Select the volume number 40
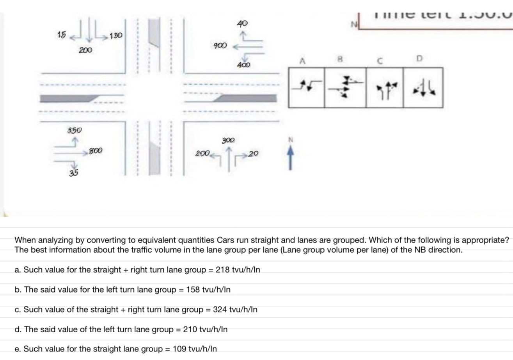tap(242, 23)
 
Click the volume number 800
tap(96, 150)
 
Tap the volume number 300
tap(228, 140)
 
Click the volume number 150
tap(116, 36)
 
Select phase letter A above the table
tap(302, 60)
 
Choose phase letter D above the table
tap(419, 59)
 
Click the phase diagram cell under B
tap(345, 88)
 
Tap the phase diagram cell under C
tap(384, 88)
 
